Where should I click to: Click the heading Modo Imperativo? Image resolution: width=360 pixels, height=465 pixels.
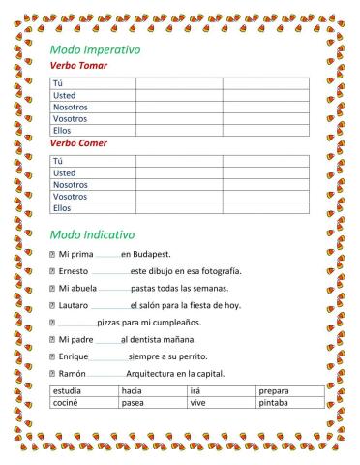tap(95, 48)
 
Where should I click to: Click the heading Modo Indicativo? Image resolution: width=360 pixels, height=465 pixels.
tap(91, 234)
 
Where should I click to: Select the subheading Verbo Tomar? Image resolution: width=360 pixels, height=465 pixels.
tap(78, 65)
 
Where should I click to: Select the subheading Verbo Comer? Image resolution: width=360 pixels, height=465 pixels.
tap(78, 142)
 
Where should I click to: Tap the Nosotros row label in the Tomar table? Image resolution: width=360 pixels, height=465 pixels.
tap(70, 107)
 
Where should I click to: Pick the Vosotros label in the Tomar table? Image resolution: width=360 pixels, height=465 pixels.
tap(70, 118)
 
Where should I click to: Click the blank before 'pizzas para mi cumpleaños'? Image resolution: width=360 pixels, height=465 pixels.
tap(77, 323)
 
